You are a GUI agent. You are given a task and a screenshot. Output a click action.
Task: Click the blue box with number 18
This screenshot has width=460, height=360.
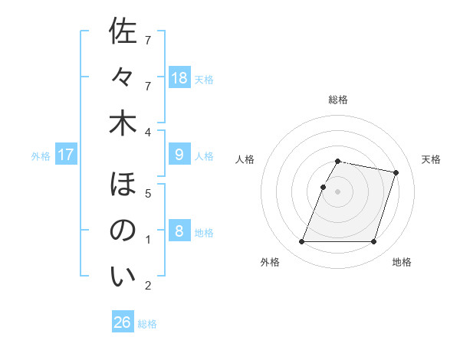[x=179, y=78]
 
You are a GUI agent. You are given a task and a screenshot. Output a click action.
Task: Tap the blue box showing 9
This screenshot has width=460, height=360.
[x=179, y=155]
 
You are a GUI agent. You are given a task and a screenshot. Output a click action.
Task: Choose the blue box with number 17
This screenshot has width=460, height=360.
[x=66, y=155]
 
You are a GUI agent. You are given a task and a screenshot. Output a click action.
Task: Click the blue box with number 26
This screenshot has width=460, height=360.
[x=123, y=322]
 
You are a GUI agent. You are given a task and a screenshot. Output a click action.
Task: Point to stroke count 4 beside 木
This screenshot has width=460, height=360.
[x=148, y=133]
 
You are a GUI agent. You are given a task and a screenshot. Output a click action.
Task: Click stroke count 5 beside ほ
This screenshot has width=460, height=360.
[x=148, y=194]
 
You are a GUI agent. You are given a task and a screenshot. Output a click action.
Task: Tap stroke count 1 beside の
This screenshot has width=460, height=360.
[x=148, y=240]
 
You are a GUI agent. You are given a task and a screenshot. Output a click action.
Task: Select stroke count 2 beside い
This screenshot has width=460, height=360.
[x=148, y=286]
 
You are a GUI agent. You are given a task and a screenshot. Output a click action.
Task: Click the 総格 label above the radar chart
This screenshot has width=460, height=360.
[x=338, y=100]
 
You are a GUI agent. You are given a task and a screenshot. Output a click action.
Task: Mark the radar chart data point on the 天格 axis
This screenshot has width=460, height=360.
[x=396, y=173]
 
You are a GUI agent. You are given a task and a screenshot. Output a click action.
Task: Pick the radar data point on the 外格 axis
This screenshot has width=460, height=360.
[x=302, y=242]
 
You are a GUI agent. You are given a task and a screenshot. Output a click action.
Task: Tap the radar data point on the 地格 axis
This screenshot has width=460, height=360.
[x=373, y=242]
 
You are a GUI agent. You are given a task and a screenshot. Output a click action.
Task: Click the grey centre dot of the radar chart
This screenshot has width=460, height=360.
[x=338, y=191]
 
